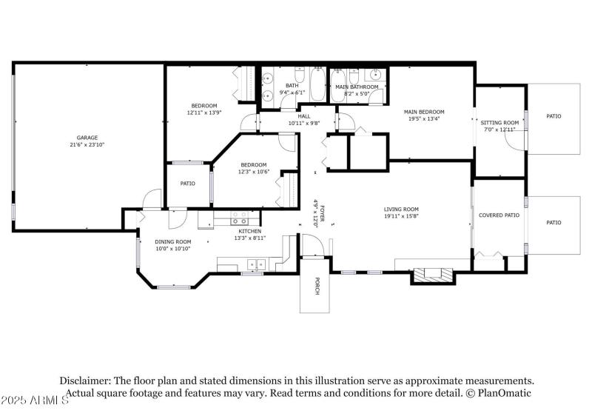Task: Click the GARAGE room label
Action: pyautogui.click(x=87, y=138)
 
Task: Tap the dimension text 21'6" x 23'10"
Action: pyautogui.click(x=87, y=145)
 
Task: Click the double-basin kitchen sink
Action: pyautogui.click(x=257, y=263)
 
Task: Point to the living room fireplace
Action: pyautogui.click(x=431, y=275)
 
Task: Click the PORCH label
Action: pyautogui.click(x=316, y=286)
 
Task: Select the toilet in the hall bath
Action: pyautogui.click(x=299, y=76)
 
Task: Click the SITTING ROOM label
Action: pyautogui.click(x=499, y=122)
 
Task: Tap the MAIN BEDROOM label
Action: pyautogui.click(x=423, y=112)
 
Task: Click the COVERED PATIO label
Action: pyautogui.click(x=499, y=215)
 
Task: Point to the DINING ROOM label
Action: pyautogui.click(x=172, y=242)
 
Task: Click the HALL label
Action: pyautogui.click(x=304, y=116)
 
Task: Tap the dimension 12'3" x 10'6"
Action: pyautogui.click(x=253, y=172)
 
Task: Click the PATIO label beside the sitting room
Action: pyautogui.click(x=554, y=116)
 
